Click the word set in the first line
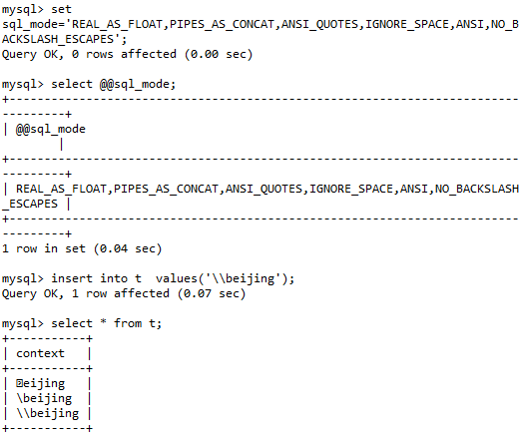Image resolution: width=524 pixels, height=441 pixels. coord(61,9)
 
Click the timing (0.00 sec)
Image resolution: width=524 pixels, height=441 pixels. coord(219,54)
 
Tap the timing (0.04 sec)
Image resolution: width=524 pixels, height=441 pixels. coord(128,248)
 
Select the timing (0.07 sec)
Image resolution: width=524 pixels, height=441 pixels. coord(212,293)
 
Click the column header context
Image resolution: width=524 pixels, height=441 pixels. coord(40,353)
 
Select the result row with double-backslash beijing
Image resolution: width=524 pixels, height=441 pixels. coord(48,413)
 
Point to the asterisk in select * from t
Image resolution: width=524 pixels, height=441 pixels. coord(103,322)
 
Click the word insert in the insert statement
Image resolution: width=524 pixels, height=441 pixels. coord(72,278)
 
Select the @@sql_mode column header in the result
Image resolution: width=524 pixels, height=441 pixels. coord(51,129)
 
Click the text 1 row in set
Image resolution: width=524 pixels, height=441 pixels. coord(44,248)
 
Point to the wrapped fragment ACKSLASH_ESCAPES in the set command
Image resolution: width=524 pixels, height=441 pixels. coord(58,40)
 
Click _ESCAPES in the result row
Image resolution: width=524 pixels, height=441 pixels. coord(30,204)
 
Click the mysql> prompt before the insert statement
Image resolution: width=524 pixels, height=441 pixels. coord(23,278)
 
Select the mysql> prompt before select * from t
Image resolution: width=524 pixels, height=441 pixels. coord(23,323)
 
